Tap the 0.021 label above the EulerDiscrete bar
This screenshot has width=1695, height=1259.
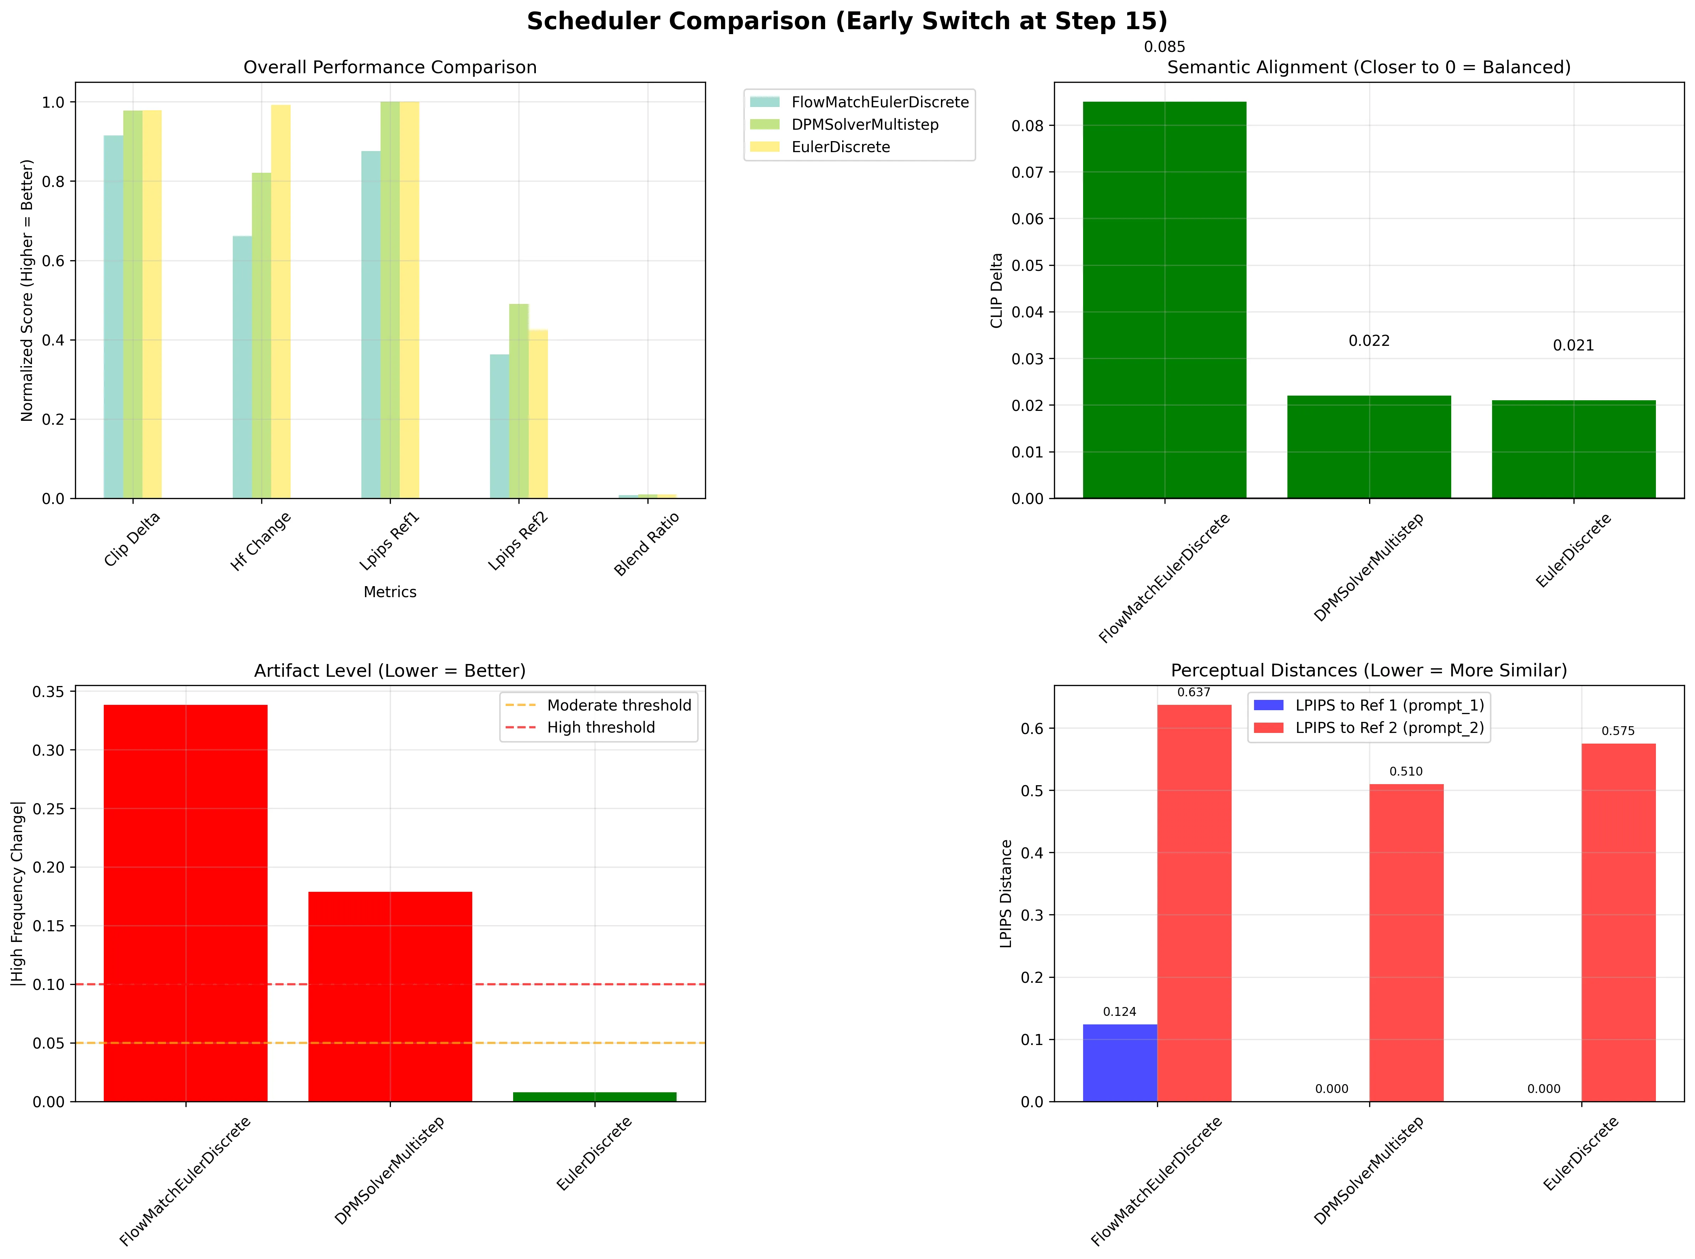1573,346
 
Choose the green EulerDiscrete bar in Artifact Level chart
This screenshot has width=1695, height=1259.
594,1097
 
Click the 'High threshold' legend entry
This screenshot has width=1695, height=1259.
600,728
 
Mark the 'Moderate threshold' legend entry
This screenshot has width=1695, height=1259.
619,706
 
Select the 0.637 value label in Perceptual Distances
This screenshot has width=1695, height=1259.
1194,693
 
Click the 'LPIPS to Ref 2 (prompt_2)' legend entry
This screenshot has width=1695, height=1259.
1389,728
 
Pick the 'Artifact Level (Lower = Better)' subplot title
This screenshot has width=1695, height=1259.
390,671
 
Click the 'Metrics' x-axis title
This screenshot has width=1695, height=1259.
390,592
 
